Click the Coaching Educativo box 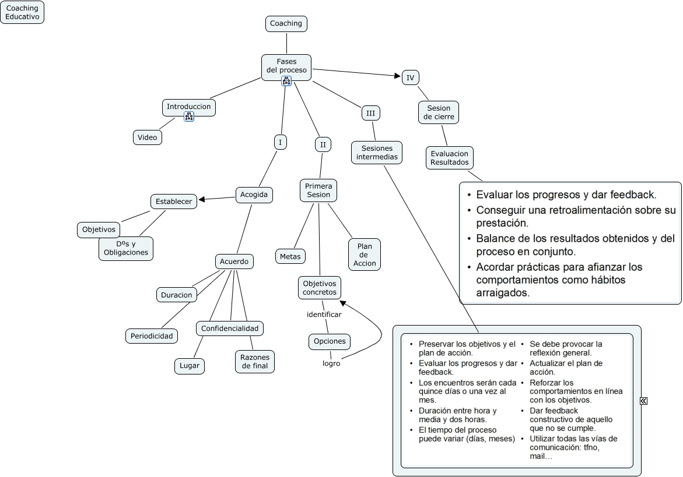(x=22, y=12)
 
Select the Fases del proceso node (x=286, y=66)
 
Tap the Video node (x=147, y=137)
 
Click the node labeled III (x=370, y=113)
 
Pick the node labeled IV (x=411, y=77)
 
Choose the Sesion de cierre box (x=439, y=112)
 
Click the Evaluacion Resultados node (x=449, y=158)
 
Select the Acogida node (x=254, y=195)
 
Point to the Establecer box (x=174, y=202)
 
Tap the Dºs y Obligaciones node (x=126, y=248)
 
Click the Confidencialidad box (x=229, y=328)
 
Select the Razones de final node (x=254, y=361)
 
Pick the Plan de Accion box (x=365, y=255)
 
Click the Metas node (x=290, y=256)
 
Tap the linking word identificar (x=324, y=315)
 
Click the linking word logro (x=331, y=363)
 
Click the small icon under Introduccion (x=189, y=116)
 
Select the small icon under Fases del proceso (x=286, y=81)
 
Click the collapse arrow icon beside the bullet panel (x=643, y=401)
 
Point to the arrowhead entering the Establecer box (x=201, y=200)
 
